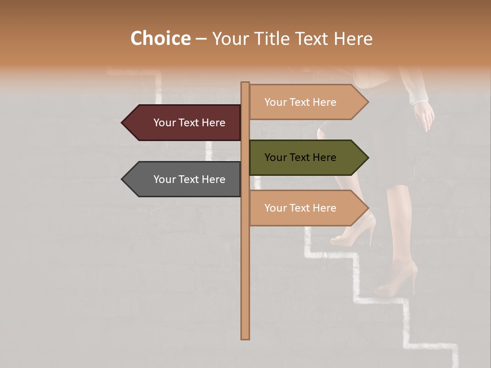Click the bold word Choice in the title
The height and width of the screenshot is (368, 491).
(160, 39)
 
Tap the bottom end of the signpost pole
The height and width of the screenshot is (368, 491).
(245, 337)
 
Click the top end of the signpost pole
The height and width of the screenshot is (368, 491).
(245, 83)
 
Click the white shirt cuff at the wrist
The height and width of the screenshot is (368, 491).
(418, 97)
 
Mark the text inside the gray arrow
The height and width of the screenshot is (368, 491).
(189, 179)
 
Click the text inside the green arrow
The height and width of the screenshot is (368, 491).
(300, 157)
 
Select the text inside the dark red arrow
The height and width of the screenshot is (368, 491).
(189, 123)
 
